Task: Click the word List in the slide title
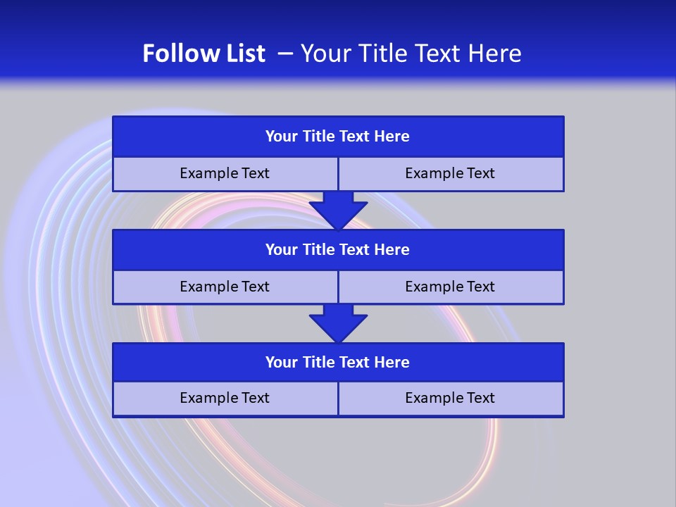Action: (242, 54)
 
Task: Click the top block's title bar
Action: (338, 137)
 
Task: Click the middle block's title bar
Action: (338, 250)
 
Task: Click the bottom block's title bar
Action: (338, 363)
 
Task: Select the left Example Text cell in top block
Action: (225, 174)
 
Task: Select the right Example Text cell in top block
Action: (451, 174)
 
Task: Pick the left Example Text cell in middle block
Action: (225, 287)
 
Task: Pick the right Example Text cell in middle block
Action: (451, 287)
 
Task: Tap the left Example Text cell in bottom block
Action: (225, 399)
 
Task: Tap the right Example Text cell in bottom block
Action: (451, 399)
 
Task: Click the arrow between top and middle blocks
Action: (338, 210)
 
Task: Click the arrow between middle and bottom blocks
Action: (338, 323)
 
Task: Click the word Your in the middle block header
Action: (282, 250)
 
